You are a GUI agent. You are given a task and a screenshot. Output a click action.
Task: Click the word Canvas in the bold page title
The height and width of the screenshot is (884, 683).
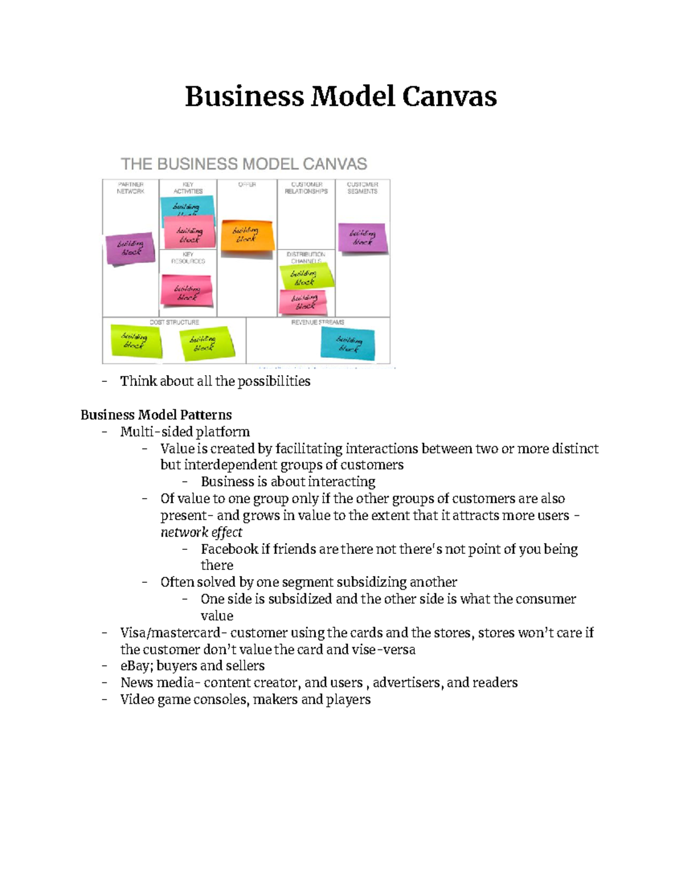coord(449,96)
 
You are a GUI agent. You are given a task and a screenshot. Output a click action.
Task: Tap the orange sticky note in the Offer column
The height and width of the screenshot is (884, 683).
coord(247,235)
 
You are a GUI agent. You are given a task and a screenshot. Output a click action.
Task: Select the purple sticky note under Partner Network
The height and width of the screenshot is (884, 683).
coord(130,248)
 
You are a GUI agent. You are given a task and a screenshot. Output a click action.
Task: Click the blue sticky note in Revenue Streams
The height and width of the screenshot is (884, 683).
coord(348,344)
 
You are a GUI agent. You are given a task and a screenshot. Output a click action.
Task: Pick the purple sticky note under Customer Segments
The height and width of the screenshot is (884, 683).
coord(363,237)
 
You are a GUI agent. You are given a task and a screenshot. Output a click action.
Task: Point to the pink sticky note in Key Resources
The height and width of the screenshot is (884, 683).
coord(187,291)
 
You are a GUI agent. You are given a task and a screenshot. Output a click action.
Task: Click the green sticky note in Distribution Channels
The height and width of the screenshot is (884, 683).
coord(305,277)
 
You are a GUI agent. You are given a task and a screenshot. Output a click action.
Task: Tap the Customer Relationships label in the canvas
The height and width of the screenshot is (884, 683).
coord(306,188)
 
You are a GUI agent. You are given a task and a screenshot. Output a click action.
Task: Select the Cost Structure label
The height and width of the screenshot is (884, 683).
coord(174,322)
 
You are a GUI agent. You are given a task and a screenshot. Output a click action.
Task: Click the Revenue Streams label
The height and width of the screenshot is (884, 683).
coord(318,322)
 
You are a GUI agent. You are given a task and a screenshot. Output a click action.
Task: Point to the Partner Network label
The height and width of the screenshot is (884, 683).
coord(130,188)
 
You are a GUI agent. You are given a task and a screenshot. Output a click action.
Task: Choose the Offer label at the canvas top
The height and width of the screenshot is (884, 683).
coord(247,184)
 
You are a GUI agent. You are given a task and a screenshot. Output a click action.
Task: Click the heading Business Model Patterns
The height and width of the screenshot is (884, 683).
coord(156,414)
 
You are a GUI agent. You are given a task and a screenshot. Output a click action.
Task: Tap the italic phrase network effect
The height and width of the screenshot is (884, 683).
coord(201,532)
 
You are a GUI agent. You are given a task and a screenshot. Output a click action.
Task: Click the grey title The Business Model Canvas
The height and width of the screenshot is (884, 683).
coord(244,164)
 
